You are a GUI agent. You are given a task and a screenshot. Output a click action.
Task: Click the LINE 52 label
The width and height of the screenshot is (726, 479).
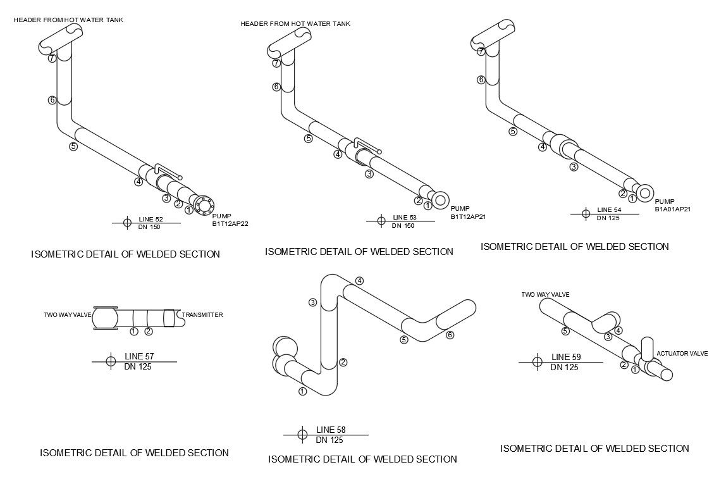(x=151, y=219)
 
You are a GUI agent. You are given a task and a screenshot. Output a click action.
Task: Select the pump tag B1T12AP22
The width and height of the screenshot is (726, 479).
(x=231, y=223)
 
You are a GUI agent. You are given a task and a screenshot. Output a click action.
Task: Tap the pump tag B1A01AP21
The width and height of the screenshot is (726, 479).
(x=672, y=209)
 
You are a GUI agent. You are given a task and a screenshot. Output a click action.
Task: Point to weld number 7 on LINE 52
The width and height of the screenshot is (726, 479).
(x=52, y=58)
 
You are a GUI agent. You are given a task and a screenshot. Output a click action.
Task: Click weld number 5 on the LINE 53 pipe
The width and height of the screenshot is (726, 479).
(x=309, y=139)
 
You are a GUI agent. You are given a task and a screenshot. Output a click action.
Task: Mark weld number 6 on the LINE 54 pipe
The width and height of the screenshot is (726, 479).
(x=481, y=80)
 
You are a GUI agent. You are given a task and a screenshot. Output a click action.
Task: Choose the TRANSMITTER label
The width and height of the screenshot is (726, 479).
(x=202, y=314)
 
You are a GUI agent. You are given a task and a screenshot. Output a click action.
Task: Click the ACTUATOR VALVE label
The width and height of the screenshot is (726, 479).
(x=682, y=353)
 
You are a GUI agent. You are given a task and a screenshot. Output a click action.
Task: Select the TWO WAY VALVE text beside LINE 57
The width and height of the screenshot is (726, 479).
(x=68, y=314)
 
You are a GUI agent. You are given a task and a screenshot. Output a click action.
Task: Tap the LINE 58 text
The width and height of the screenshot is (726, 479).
(x=330, y=430)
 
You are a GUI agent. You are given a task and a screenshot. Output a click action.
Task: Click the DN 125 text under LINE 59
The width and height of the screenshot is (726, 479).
(x=564, y=367)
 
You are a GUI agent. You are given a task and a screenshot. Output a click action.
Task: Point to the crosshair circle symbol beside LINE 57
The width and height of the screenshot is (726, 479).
(x=110, y=361)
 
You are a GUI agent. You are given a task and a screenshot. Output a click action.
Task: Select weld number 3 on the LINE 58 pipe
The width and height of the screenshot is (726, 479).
(x=312, y=302)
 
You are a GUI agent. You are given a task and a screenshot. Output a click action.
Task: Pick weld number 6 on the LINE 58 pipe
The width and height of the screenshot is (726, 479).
(x=450, y=335)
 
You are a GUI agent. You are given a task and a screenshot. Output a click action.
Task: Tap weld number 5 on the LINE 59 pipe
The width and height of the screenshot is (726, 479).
(x=565, y=330)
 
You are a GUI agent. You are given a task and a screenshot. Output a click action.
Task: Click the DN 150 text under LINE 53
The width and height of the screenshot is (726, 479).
(x=403, y=226)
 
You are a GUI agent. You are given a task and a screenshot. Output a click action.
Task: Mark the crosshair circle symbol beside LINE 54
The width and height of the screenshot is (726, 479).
(x=586, y=213)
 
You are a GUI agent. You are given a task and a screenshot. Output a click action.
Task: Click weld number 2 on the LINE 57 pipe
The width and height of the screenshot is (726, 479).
(x=149, y=331)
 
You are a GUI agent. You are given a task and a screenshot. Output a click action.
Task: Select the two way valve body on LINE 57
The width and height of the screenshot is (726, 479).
(x=106, y=318)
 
